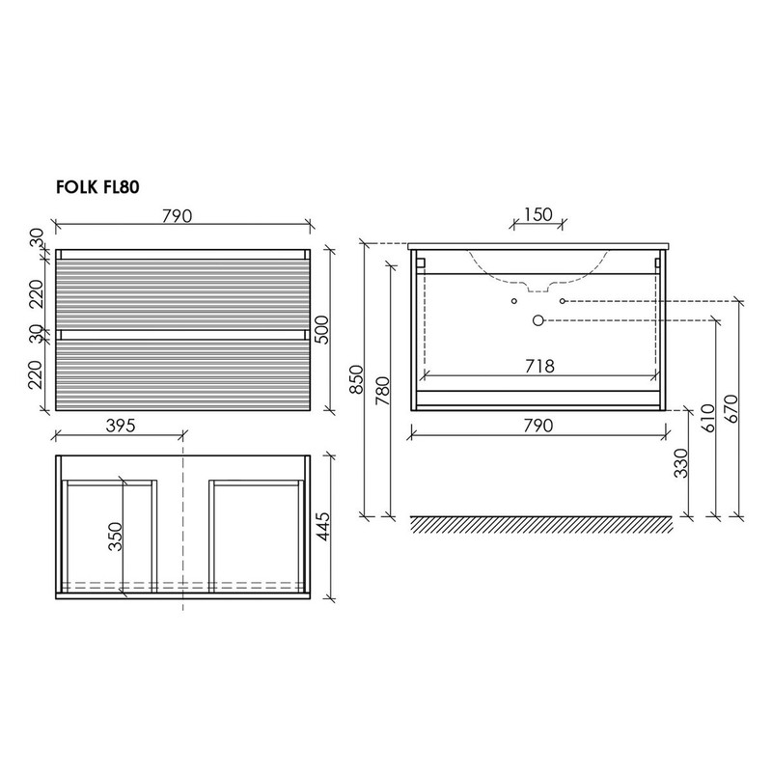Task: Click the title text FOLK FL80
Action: click(x=97, y=187)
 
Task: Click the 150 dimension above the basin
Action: click(x=538, y=214)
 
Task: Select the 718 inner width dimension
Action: click(x=539, y=366)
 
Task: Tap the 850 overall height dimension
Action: click(x=357, y=379)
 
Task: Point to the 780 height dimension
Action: click(x=383, y=391)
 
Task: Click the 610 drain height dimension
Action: click(x=707, y=418)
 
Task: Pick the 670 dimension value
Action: click(x=732, y=408)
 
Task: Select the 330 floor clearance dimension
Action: click(x=681, y=463)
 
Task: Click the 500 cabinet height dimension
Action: click(x=320, y=330)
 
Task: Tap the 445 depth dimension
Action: click(x=322, y=526)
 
